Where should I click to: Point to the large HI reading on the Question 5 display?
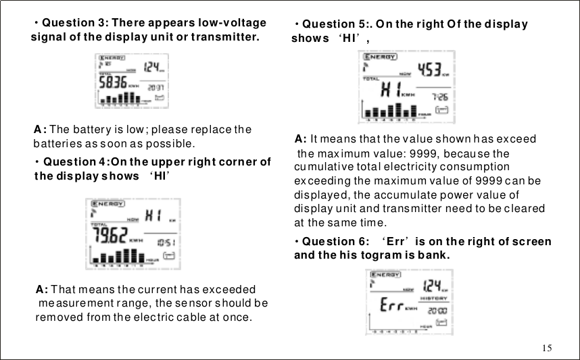click(x=390, y=89)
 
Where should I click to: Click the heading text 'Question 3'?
click(x=73, y=23)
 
